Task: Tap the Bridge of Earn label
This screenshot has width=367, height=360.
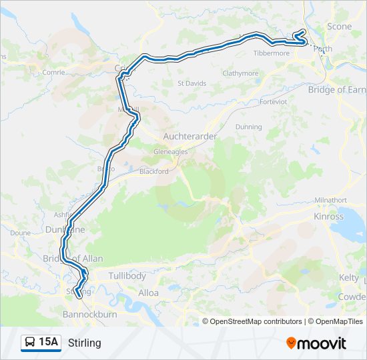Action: coord(336,90)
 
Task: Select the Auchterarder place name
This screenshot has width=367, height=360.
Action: coord(190,136)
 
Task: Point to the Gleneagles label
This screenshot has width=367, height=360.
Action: coord(170,151)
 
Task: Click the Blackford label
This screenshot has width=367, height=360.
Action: coord(153,171)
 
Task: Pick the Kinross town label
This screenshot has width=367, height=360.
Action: coord(328,217)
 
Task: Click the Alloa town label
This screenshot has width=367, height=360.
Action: coord(148,293)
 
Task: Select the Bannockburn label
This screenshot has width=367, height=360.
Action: coord(89,313)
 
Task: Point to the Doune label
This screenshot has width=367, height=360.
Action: coord(21,233)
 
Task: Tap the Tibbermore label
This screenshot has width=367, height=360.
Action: coord(272,53)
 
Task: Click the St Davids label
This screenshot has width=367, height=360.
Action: coord(191,83)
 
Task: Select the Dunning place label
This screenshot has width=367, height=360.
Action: coord(248,127)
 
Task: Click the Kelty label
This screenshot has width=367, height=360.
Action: coord(348,277)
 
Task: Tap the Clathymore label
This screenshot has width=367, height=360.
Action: coord(240,73)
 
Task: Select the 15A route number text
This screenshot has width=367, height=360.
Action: coord(48,343)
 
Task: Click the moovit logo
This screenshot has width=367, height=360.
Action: coord(316,343)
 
